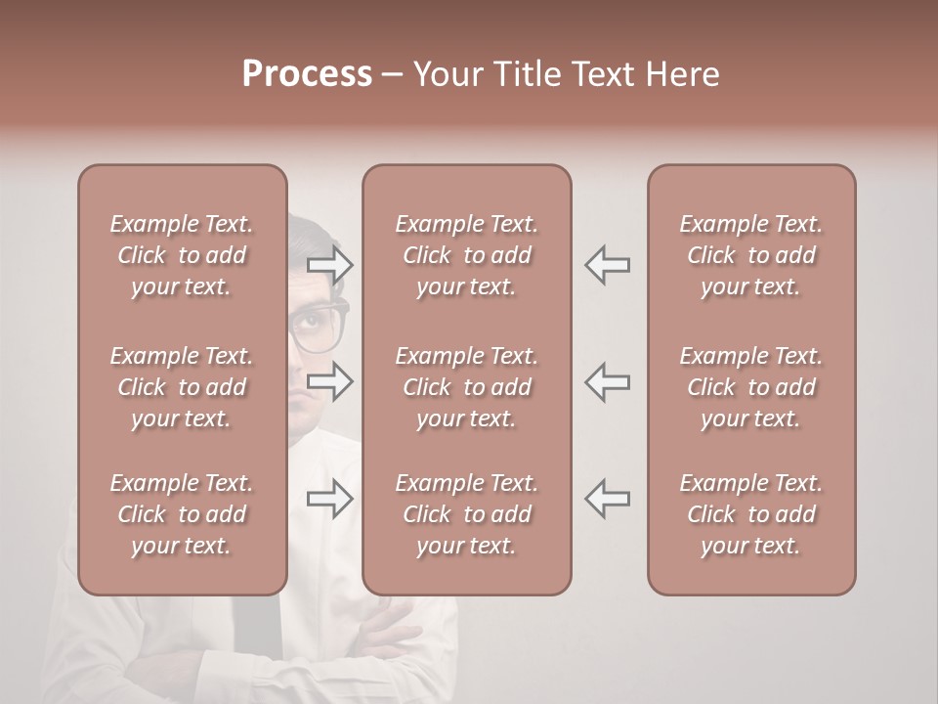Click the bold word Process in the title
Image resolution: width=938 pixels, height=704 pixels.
pos(307,74)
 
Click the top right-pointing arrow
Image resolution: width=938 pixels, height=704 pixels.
pos(330,265)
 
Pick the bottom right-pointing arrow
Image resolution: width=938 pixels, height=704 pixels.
pos(330,498)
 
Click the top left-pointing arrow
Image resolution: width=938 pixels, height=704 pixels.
pos(607,265)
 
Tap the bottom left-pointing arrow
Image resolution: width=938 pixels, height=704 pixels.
pos(607,498)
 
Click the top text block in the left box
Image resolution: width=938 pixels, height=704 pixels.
pos(182,255)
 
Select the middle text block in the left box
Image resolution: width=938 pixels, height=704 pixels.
pos(182,387)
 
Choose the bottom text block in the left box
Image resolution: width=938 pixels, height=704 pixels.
pos(182,514)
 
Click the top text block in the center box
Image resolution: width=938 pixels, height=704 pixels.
pos(466,255)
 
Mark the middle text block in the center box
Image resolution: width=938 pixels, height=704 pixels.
pos(466,387)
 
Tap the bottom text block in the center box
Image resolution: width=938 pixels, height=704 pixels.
pos(466,514)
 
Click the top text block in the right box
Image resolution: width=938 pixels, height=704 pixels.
pos(750,255)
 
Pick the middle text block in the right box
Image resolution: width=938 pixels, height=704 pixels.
pos(750,387)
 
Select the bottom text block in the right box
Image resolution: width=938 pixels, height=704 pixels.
pos(750,514)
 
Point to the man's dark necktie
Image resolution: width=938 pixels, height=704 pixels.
pos(256,636)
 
